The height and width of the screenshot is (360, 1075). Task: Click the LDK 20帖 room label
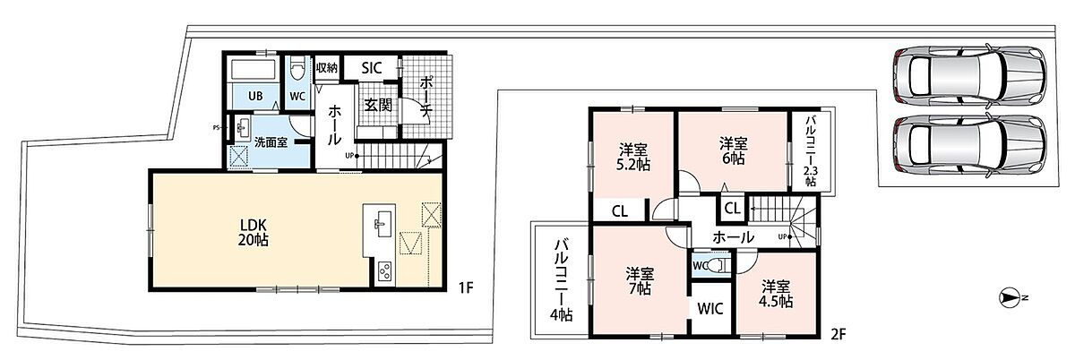tap(254, 232)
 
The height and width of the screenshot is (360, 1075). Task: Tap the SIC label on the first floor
tap(372, 68)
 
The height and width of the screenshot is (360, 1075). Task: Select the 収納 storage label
tap(327, 68)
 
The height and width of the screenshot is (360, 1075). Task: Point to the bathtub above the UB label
tap(254, 70)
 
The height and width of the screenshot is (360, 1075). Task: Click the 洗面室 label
tap(271, 142)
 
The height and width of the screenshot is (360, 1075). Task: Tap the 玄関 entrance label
tap(378, 105)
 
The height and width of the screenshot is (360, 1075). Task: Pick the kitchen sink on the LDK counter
tap(383, 224)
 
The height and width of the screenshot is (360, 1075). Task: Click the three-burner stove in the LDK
tap(385, 273)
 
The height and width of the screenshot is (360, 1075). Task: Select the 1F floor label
tap(466, 288)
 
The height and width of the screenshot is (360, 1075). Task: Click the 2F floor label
tap(838, 334)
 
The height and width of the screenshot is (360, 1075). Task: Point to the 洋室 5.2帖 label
tap(633, 157)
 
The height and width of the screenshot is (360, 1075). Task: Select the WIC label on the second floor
tap(710, 309)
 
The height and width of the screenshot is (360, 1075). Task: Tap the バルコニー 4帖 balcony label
tap(561, 280)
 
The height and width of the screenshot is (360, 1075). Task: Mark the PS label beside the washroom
tap(217, 127)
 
